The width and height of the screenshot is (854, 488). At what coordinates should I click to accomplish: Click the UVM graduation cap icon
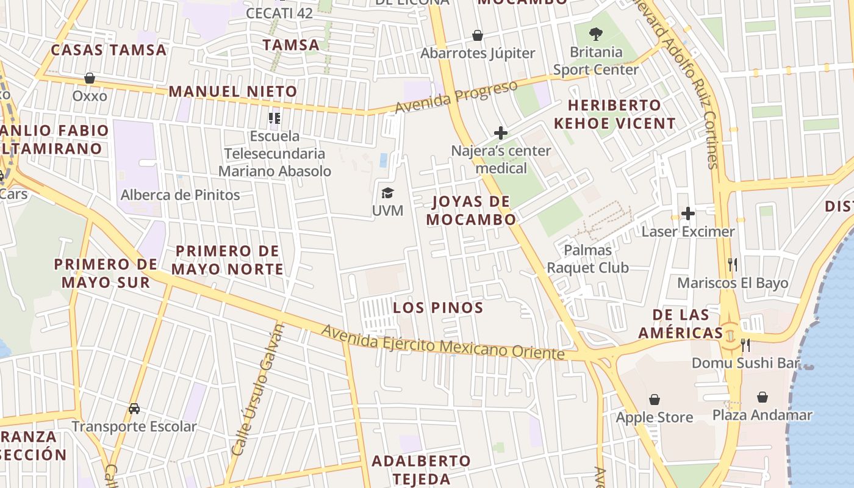point(387,193)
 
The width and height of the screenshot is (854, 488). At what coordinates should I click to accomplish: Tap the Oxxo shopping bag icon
point(90,78)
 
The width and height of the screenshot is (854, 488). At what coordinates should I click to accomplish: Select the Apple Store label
point(655,418)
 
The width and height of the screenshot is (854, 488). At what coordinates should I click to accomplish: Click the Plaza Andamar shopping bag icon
point(762,398)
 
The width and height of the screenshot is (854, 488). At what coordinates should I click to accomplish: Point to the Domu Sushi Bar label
point(745,364)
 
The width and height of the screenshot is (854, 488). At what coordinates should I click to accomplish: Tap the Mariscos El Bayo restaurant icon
point(733,265)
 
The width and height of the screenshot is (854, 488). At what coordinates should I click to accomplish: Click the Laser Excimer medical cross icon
point(688,213)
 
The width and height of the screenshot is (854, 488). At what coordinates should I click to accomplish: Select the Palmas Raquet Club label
point(587,259)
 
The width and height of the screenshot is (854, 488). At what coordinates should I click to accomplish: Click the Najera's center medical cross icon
point(501,132)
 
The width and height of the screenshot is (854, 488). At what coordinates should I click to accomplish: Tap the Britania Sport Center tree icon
point(596,34)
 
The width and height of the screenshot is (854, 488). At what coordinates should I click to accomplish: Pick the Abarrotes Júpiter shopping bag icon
point(478,35)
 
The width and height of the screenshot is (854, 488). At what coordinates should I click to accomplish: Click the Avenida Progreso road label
point(456,97)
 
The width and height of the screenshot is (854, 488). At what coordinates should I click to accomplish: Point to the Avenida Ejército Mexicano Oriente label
point(443,343)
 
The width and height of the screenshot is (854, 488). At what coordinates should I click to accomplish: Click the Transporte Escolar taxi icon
point(134,408)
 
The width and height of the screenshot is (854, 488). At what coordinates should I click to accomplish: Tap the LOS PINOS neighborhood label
point(438,307)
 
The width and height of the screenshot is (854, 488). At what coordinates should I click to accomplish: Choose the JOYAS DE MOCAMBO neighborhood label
point(471,210)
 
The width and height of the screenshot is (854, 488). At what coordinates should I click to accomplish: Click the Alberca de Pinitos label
point(181,195)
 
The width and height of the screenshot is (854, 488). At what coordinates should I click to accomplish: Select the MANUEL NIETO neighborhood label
point(233,92)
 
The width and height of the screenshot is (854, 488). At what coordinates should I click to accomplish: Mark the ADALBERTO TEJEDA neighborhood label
point(421,469)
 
